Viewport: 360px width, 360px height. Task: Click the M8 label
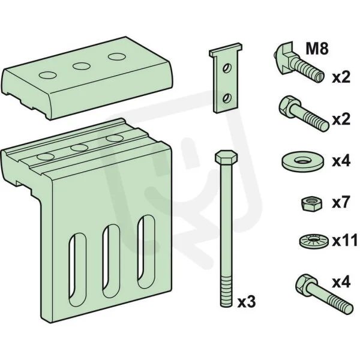pos(317,49)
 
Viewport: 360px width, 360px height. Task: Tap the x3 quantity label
pos(247,302)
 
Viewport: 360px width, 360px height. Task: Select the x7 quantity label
pos(341,203)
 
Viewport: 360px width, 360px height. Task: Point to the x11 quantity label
pos(344,241)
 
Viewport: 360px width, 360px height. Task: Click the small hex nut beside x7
pos(311,203)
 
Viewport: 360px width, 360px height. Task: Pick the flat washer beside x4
pos(302,161)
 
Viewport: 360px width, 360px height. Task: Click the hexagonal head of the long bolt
pos(226,157)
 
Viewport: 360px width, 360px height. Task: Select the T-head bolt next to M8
pos(298,62)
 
